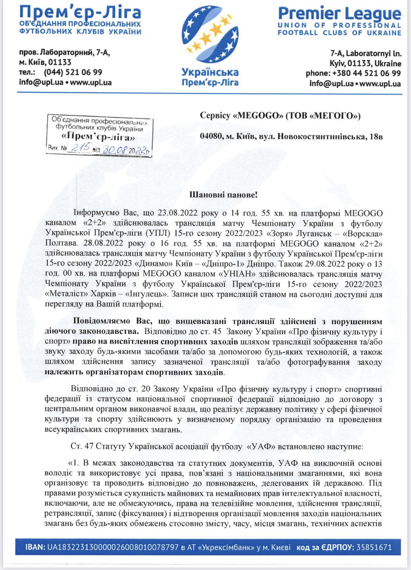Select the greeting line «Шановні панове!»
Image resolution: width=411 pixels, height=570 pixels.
223,195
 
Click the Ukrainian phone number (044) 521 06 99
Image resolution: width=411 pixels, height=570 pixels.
73,72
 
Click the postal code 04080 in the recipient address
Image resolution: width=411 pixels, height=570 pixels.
210,136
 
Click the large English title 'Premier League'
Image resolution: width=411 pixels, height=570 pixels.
339,14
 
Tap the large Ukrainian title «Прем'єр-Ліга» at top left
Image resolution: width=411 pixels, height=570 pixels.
80,13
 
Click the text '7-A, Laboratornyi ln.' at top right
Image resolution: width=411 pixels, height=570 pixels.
366,54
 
